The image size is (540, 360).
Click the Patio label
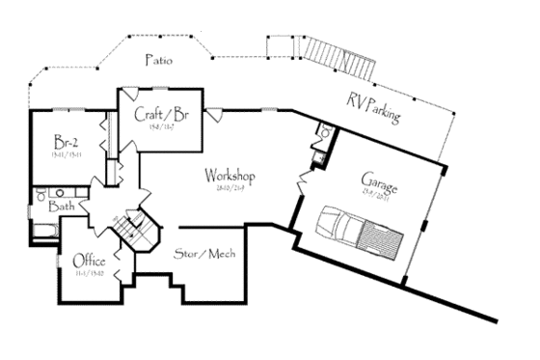(x=159, y=60)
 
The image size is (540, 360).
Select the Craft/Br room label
(x=160, y=114)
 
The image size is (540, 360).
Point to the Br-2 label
(x=66, y=140)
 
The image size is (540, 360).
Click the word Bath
(x=62, y=206)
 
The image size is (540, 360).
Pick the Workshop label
(x=229, y=177)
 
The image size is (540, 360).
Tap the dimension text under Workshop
(x=229, y=190)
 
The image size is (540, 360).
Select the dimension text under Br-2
(x=66, y=152)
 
